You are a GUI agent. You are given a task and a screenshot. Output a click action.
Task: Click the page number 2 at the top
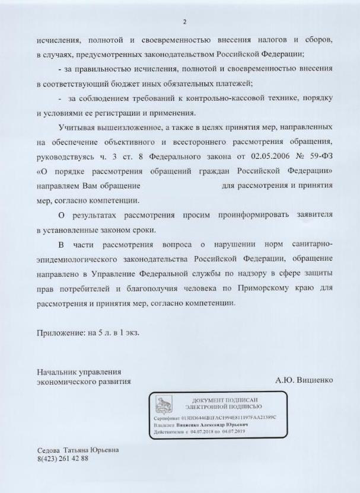point(184,22)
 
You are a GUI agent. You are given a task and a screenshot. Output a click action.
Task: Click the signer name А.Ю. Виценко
point(304,378)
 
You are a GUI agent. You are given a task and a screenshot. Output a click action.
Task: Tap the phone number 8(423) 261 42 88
point(62,459)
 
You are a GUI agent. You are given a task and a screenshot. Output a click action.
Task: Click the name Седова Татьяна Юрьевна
point(78,450)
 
